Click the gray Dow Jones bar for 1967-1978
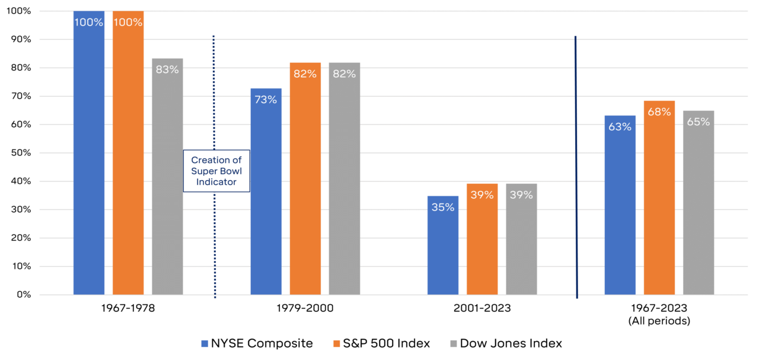[167, 178]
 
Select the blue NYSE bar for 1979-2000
[266, 196]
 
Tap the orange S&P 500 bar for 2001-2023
[482, 243]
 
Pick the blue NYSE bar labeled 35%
[443, 249]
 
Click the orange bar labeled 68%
[659, 202]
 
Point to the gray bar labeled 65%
[699, 208]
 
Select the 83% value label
[167, 69]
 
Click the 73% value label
[266, 99]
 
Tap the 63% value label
[620, 126]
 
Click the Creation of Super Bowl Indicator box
[217, 171]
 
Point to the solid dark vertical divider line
[576, 166]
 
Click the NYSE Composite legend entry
[257, 343]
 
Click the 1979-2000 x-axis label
[305, 308]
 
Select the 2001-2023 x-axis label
[482, 308]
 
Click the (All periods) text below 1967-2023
[659, 321]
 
